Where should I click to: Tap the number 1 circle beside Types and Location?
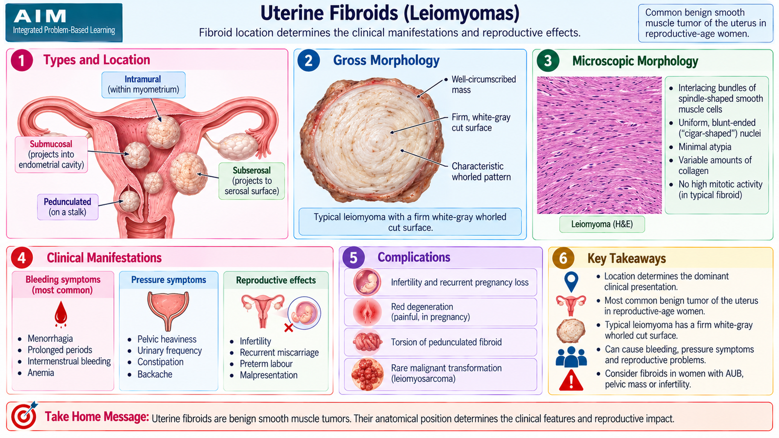click(x=21, y=60)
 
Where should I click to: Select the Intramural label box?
click(x=143, y=85)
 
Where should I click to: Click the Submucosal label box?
click(x=51, y=154)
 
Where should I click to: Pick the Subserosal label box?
click(x=251, y=181)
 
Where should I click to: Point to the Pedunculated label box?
click(x=68, y=207)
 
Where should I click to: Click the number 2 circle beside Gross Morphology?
click(x=308, y=60)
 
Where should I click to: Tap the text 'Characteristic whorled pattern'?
click(x=481, y=171)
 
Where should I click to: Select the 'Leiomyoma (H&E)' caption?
click(x=602, y=224)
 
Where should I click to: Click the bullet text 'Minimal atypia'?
click(x=705, y=146)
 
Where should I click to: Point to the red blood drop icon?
click(x=61, y=314)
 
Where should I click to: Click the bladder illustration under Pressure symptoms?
click(x=168, y=311)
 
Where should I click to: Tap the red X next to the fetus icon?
click(x=288, y=328)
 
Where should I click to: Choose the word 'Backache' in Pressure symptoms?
click(x=155, y=374)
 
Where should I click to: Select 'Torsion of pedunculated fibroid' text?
click(x=446, y=342)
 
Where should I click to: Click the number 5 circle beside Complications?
click(x=353, y=257)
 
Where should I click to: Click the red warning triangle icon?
click(x=571, y=380)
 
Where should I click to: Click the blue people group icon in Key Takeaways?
click(x=571, y=357)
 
